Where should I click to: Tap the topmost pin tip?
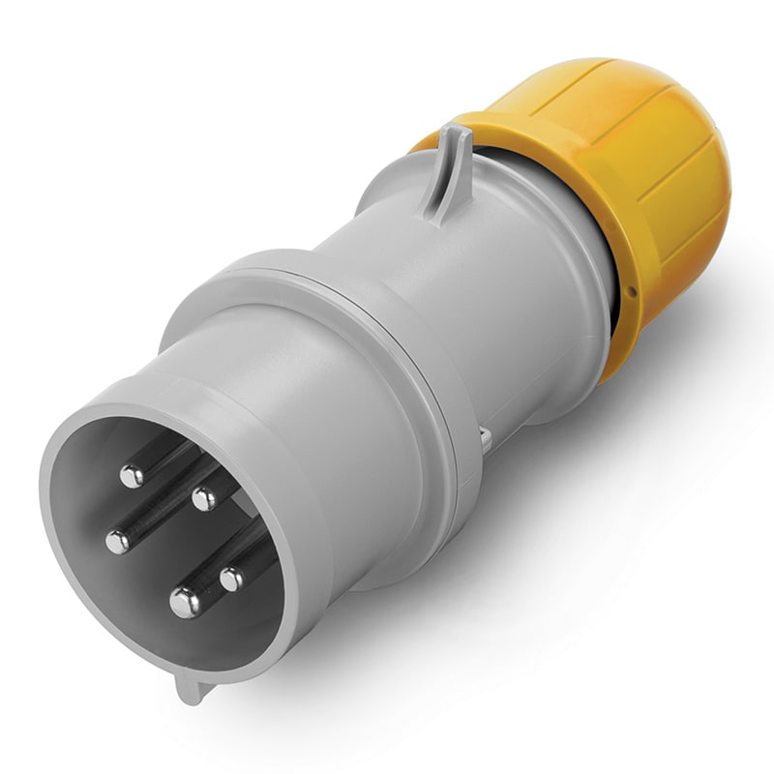pos(132,475)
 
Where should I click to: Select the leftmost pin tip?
pos(117,542)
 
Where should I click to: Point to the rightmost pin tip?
pos(232,579)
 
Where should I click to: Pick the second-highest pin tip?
pos(203,499)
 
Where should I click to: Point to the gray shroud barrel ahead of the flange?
pos(319,406)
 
